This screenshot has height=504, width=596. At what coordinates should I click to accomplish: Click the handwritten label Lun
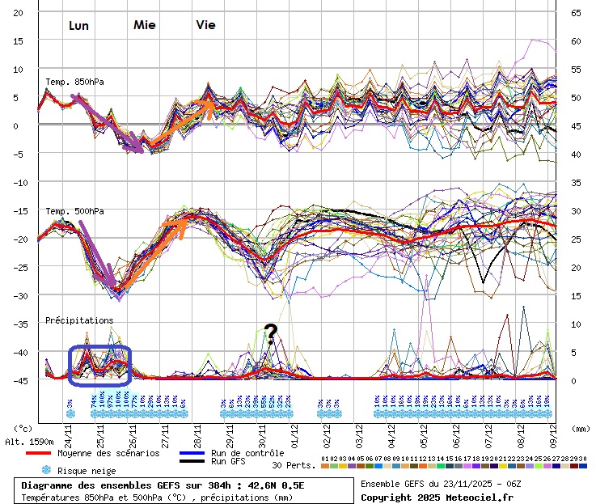point(78,26)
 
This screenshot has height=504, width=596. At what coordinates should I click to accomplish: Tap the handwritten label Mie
point(145,24)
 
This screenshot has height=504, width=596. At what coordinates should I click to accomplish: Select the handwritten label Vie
point(205,24)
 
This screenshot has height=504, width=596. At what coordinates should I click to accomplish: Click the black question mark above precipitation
point(270,332)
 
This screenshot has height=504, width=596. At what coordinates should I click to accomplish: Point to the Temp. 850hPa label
point(75,83)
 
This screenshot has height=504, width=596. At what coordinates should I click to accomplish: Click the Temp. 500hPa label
point(75,212)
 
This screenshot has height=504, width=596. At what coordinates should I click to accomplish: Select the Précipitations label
point(79,320)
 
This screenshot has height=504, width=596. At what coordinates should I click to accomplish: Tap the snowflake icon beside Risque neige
point(47,470)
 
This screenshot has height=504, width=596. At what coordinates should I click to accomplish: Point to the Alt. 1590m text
point(29,442)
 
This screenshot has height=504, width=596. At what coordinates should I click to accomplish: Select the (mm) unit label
point(581,429)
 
